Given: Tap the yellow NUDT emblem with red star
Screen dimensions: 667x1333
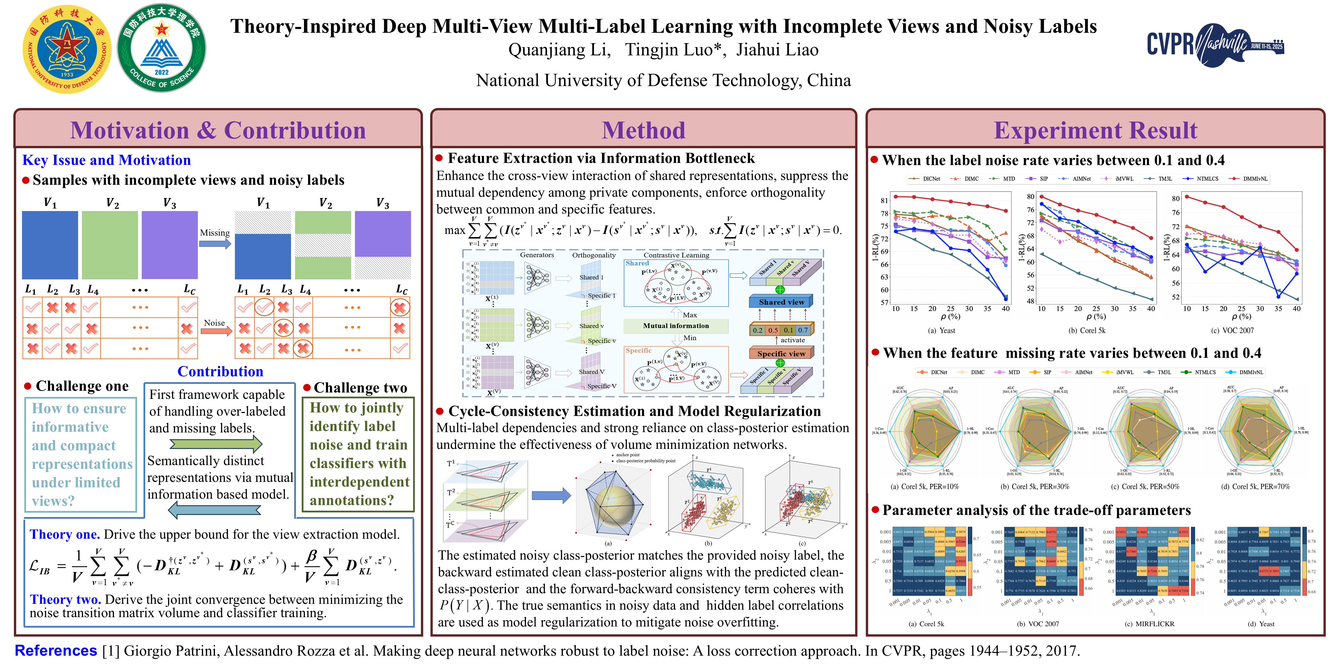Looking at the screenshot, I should tap(67, 49).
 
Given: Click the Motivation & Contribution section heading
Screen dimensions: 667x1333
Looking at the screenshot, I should tap(218, 130).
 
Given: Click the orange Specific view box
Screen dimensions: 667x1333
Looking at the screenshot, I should tap(781, 354).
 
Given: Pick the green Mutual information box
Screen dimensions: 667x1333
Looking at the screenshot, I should tap(676, 326).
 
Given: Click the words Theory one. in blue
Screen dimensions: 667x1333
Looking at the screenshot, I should tap(64, 534).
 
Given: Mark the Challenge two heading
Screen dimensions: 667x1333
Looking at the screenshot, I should tap(360, 388).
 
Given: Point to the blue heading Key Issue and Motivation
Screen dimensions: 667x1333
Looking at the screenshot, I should tap(106, 160).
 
